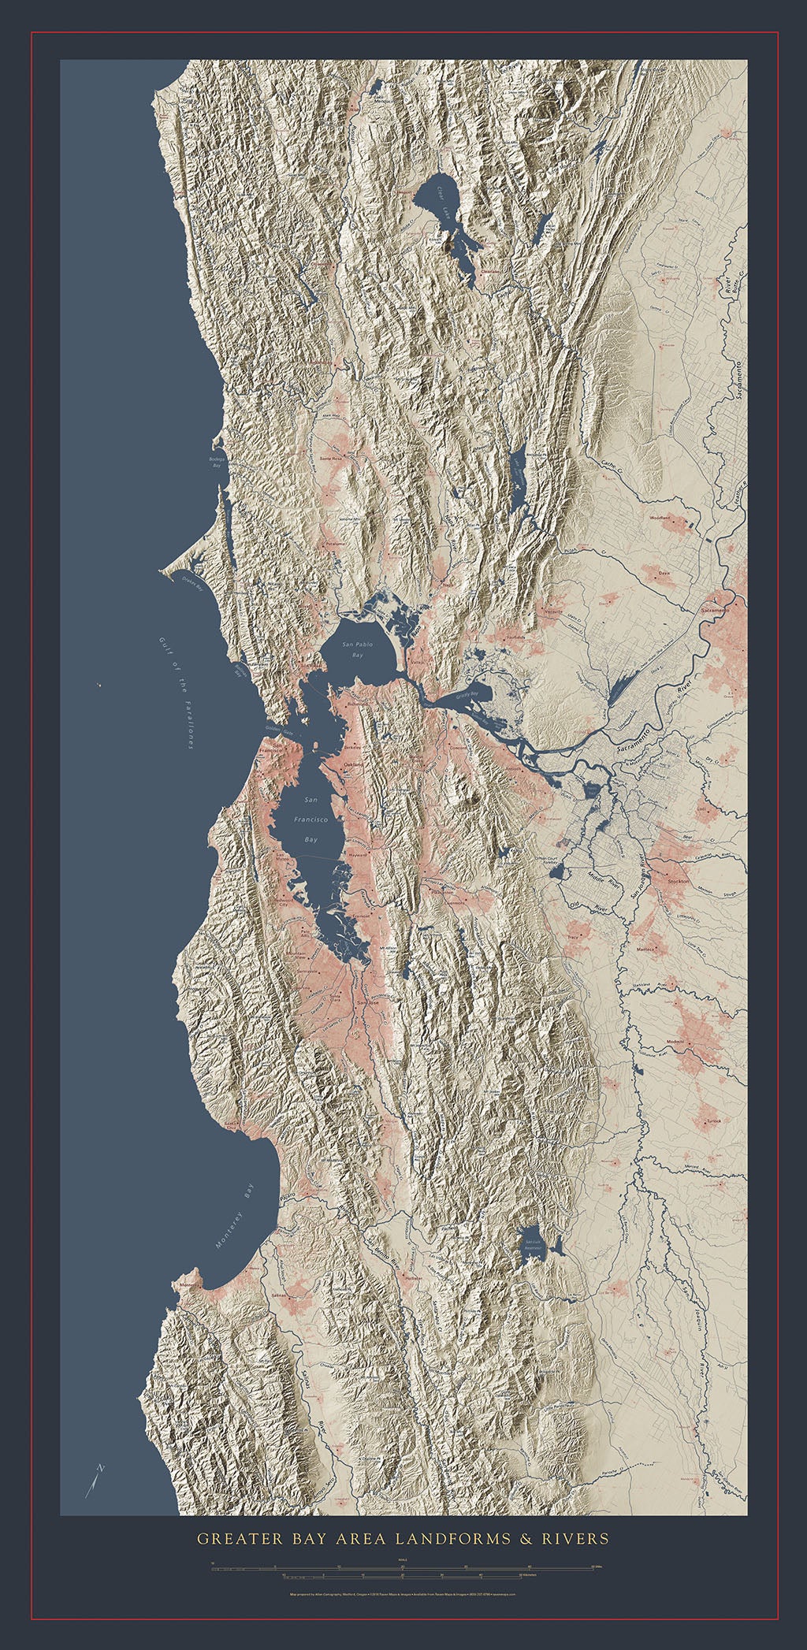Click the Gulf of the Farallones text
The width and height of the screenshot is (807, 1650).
[x=174, y=693]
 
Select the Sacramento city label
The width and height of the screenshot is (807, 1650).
[x=716, y=610]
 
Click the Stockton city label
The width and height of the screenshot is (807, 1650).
[x=678, y=882]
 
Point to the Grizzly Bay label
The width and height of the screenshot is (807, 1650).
[x=473, y=695]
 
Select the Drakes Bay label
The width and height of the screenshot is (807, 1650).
[x=193, y=583]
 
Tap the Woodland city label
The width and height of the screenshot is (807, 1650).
[x=659, y=518]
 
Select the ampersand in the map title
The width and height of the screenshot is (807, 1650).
[x=523, y=1537]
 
